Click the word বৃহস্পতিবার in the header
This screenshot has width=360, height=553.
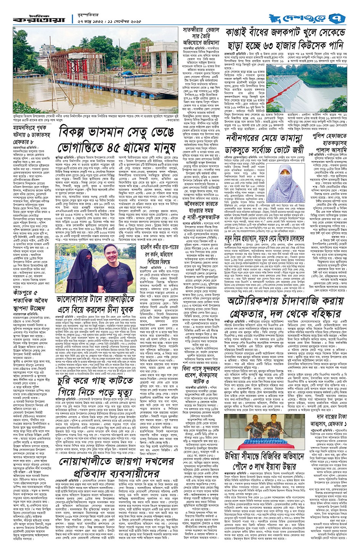(x=89, y=13)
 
